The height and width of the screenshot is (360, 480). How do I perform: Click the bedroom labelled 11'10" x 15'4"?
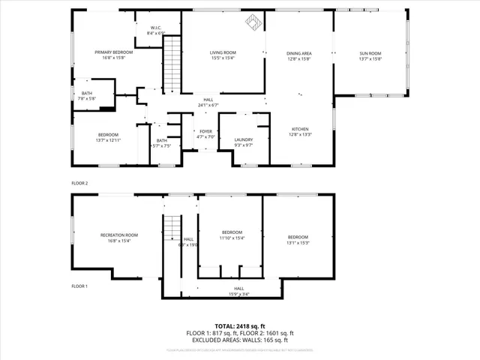(x=232, y=235)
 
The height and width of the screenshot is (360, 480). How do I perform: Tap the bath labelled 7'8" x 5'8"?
(x=87, y=96)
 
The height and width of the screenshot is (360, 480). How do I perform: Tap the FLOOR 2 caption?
(x=79, y=183)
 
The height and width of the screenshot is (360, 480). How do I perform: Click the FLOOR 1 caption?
(x=79, y=286)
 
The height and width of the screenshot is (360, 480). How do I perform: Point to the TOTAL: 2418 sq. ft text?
(x=239, y=326)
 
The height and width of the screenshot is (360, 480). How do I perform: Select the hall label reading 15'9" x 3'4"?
(x=238, y=291)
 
